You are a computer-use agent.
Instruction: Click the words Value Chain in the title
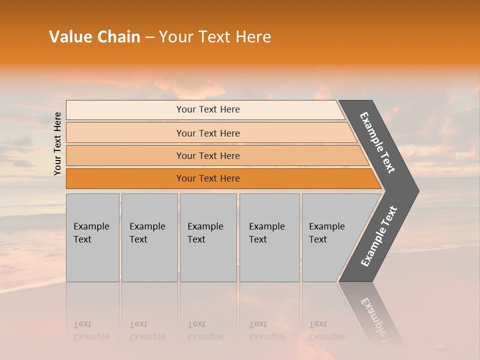click(x=94, y=37)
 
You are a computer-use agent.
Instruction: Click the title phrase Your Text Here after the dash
click(x=215, y=37)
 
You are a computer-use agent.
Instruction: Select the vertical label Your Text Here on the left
click(x=57, y=143)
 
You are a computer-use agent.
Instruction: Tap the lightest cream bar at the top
click(x=208, y=109)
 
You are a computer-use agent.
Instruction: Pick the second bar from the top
click(x=208, y=133)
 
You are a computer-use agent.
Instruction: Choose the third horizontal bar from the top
click(x=208, y=155)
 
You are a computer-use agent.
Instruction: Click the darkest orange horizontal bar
click(x=208, y=178)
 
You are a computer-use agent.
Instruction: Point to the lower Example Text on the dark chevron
click(x=379, y=236)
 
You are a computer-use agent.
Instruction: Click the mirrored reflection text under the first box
click(x=91, y=330)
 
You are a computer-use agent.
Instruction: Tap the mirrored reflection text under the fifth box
click(x=327, y=330)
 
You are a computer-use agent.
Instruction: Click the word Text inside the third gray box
click(x=196, y=239)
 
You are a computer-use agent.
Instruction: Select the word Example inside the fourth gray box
click(x=267, y=226)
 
